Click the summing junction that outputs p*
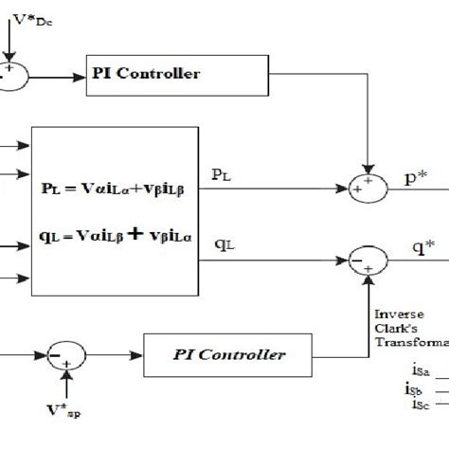369,189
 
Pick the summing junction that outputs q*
369,256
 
